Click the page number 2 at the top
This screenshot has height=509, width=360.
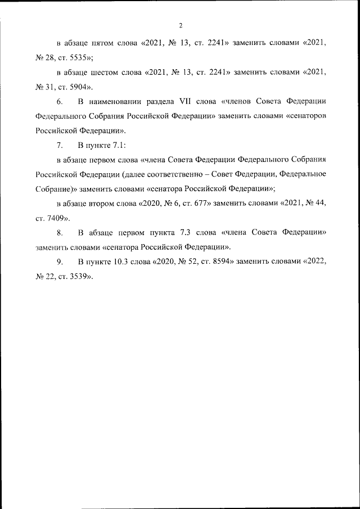click(180, 25)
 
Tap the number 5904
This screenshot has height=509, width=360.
click(79, 87)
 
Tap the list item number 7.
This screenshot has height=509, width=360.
click(60, 146)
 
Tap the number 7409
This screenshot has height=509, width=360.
click(57, 217)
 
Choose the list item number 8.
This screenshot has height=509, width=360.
click(60, 232)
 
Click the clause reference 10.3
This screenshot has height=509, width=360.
click(121, 262)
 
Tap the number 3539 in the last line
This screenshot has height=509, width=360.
click(79, 277)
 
